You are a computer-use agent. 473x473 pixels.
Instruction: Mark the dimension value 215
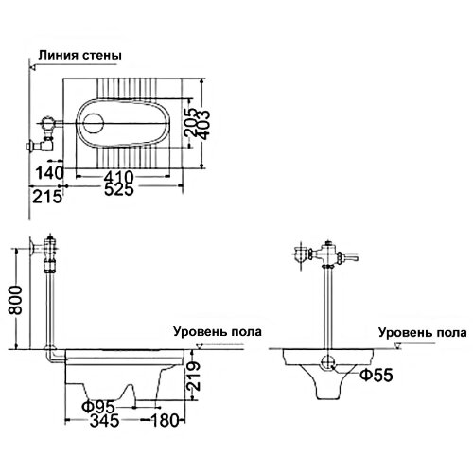pyautogui.click(x=44, y=196)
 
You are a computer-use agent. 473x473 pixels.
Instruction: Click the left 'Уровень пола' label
pyautogui.click(x=217, y=332)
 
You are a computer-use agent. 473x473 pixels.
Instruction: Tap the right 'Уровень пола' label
pyautogui.click(x=422, y=332)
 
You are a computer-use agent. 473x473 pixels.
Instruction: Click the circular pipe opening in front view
pyautogui.click(x=327, y=361)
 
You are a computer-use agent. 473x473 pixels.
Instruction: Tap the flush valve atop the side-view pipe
pyautogui.click(x=50, y=252)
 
